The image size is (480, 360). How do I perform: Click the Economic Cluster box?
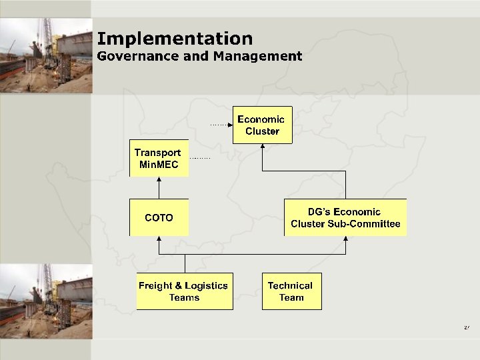[262, 125]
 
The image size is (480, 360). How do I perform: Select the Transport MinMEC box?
[159, 159]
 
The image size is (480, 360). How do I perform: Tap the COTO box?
[159, 218]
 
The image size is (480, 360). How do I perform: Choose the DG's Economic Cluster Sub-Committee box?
[345, 218]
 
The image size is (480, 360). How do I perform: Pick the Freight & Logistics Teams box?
[185, 291]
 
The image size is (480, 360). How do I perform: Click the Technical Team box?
[291, 291]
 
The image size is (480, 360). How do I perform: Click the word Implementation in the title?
[175, 39]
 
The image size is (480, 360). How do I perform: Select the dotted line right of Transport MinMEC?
[200, 158]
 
